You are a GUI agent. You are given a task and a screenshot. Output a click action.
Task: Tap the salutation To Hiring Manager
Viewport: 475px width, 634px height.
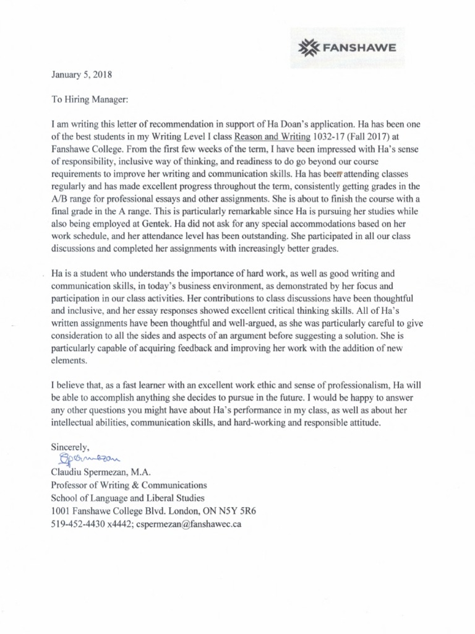(88, 98)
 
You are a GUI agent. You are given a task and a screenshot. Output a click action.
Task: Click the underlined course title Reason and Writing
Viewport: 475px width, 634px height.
(273, 137)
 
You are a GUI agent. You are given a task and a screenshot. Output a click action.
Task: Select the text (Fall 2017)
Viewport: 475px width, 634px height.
(374, 137)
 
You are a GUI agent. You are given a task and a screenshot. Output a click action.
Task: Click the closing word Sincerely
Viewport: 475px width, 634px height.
(71, 446)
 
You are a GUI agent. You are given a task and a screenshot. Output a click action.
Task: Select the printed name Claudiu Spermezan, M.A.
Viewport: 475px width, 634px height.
(101, 472)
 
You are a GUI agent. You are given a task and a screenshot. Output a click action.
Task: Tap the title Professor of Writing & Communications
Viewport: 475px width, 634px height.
(129, 485)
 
